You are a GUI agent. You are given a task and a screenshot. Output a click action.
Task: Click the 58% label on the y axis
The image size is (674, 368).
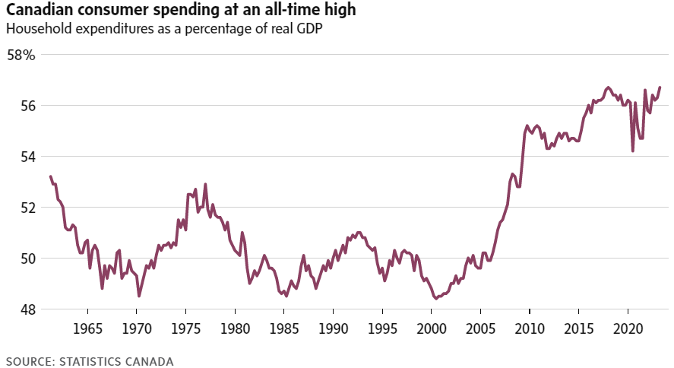point(21,56)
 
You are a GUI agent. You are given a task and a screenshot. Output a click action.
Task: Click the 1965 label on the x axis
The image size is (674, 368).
point(87,331)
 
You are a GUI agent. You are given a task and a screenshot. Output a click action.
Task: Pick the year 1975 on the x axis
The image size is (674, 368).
point(186,331)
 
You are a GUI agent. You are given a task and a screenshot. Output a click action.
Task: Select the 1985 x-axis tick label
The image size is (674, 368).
point(284,331)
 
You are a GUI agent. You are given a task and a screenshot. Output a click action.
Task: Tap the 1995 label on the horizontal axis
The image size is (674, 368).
point(382,331)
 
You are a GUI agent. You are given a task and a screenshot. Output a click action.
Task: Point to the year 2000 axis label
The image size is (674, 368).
point(432,331)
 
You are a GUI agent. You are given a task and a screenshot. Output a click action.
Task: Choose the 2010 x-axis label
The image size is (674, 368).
point(530,331)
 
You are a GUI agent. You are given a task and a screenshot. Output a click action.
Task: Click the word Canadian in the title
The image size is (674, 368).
point(39,11)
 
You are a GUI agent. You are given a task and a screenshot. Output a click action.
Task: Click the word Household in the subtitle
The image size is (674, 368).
point(36,29)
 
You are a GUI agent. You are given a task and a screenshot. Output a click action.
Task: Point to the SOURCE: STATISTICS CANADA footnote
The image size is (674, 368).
point(90,361)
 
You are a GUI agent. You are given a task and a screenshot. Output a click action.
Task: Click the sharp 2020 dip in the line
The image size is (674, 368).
point(633,151)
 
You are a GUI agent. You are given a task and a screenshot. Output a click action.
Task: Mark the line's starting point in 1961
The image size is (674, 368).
point(50,176)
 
